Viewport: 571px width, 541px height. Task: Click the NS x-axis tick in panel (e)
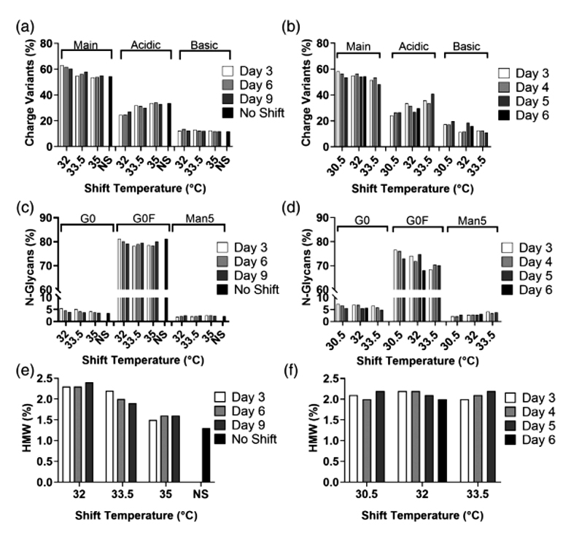pos(207,492)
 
